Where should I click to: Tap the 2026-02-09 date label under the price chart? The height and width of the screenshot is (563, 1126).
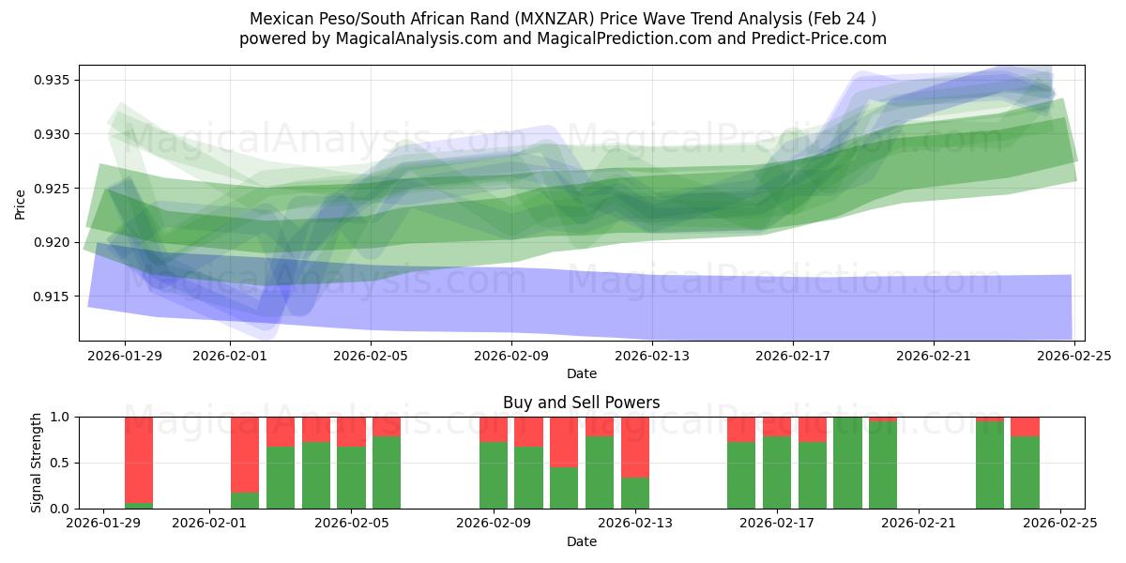click(x=510, y=356)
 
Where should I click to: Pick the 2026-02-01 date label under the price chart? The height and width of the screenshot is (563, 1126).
click(x=230, y=356)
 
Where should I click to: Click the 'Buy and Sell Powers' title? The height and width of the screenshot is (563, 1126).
click(x=581, y=403)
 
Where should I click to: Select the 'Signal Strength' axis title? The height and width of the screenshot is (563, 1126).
click(x=37, y=463)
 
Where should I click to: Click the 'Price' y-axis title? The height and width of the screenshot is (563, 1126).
click(x=21, y=204)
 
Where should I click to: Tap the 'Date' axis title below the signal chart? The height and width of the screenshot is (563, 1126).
click(x=581, y=541)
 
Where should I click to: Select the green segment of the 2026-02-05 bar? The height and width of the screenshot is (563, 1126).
click(x=351, y=478)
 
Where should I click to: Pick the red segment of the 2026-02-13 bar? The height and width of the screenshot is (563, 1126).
click(x=635, y=447)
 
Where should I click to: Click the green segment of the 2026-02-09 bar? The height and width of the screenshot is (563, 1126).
click(x=494, y=475)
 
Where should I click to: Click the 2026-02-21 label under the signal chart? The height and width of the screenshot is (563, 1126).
click(x=919, y=523)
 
